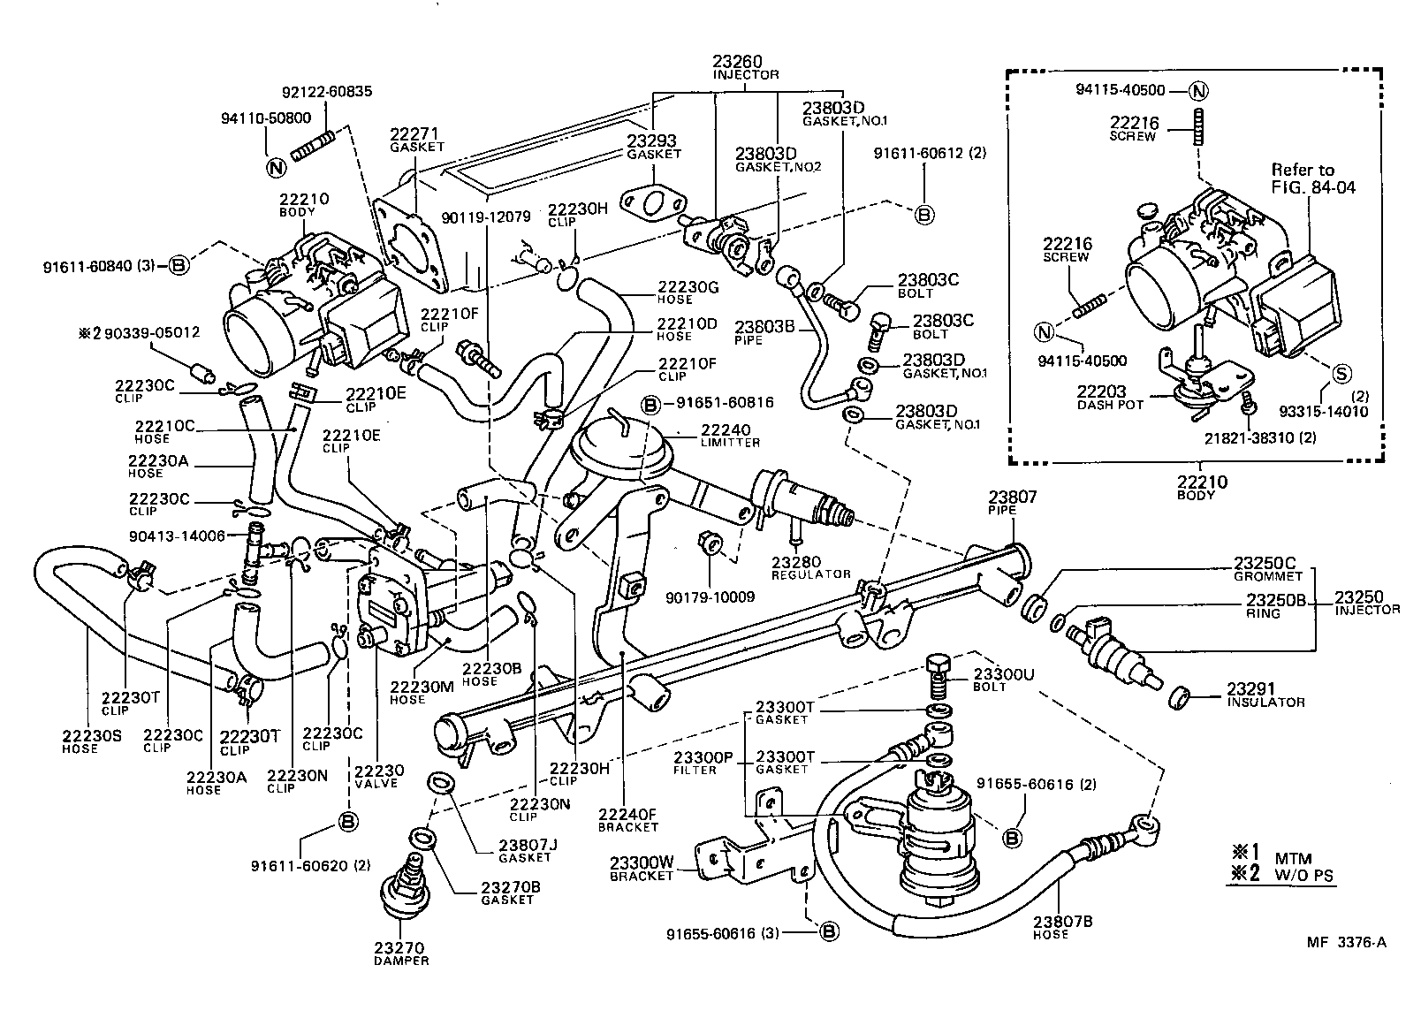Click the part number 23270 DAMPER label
pyautogui.click(x=400, y=953)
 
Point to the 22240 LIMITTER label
pyautogui.click(x=730, y=435)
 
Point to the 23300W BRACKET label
pyautogui.click(x=642, y=868)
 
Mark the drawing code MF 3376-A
pyautogui.click(x=1347, y=942)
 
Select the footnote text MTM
pyautogui.click(x=1293, y=857)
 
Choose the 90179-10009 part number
pyautogui.click(x=710, y=597)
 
